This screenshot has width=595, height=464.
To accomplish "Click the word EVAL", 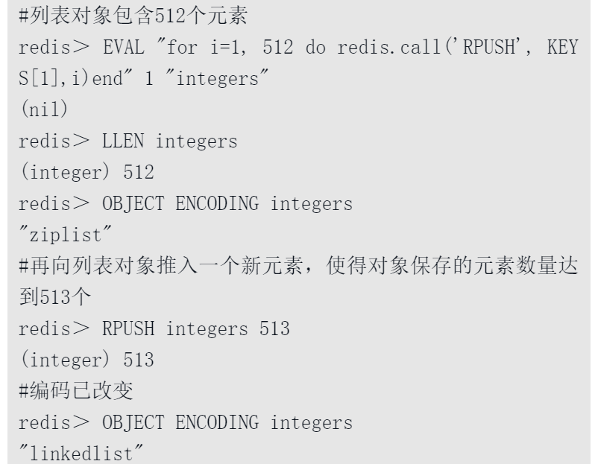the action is coord(123,47).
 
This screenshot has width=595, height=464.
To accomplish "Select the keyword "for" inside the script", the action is coord(182,47).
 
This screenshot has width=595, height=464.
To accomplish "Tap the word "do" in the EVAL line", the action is coord(315,47).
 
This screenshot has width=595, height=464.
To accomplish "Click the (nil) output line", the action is coord(44,109).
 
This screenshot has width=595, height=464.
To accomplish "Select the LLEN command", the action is coord(123,141).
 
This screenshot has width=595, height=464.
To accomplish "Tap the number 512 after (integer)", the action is coord(139,172).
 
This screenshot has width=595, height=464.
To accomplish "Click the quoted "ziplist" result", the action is coord(66,235).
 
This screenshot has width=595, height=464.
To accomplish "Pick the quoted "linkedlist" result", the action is coord(81,453).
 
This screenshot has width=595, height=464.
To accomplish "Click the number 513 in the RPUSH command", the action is coord(274,328).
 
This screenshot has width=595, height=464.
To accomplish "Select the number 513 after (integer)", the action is coord(139,360).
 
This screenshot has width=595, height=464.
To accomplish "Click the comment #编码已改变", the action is coord(76,390).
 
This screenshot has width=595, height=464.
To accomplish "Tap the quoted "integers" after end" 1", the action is coord(217,78).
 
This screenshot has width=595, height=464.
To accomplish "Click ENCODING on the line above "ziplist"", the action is coord(218,203).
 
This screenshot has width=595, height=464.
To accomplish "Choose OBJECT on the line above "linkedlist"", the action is coord(133,422).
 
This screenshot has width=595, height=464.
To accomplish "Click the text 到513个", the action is coord(55,296).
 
